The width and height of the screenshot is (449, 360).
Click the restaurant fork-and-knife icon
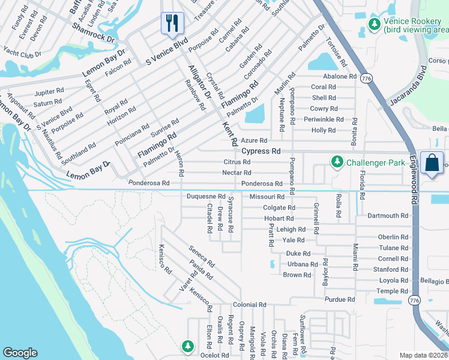click(x=172, y=23)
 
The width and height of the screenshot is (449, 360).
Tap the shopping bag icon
click(x=432, y=163)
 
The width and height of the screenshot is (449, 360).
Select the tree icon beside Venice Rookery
click(x=375, y=23)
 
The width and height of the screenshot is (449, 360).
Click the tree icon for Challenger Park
click(x=337, y=161)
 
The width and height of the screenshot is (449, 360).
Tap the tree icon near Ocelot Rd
click(x=188, y=346)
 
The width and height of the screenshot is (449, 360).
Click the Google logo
click(x=20, y=353)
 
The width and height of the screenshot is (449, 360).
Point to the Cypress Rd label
click(x=261, y=152)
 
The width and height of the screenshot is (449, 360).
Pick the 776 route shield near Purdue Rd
click(x=413, y=299)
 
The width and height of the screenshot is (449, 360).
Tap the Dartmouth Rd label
click(x=388, y=215)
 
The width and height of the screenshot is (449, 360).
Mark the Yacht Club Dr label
click(x=21, y=55)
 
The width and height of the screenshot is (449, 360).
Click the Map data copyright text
click(x=423, y=355)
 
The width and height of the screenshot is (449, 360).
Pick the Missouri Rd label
click(x=267, y=197)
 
